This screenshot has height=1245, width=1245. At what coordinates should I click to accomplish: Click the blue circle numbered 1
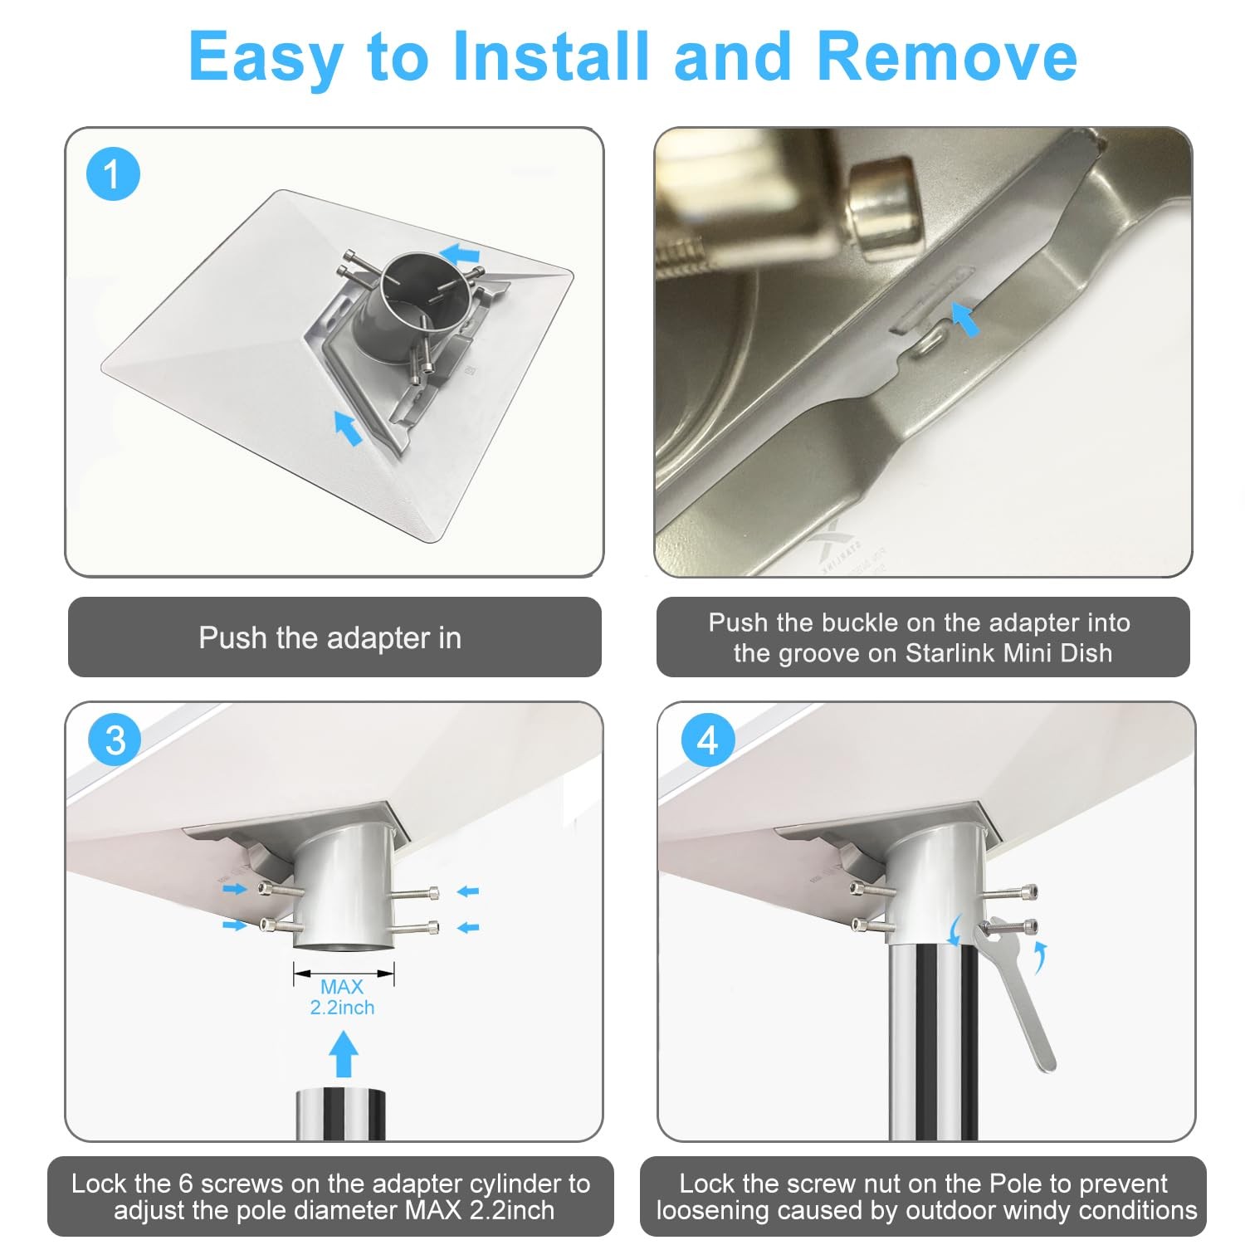113,174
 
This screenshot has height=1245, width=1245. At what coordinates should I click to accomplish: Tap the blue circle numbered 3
115,740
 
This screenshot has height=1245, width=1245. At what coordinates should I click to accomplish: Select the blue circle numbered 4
708,740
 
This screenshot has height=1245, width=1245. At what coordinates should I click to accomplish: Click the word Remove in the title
947,56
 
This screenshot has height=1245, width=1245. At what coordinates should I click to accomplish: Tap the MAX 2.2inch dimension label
342,997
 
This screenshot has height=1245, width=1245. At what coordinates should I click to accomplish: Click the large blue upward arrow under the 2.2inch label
344,1054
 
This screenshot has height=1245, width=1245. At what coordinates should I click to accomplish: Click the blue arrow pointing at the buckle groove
964,319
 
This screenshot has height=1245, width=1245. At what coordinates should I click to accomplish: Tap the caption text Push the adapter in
330,637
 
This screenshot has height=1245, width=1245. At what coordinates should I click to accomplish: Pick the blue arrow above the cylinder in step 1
460,251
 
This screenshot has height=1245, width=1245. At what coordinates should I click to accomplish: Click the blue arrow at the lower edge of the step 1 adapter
348,427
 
